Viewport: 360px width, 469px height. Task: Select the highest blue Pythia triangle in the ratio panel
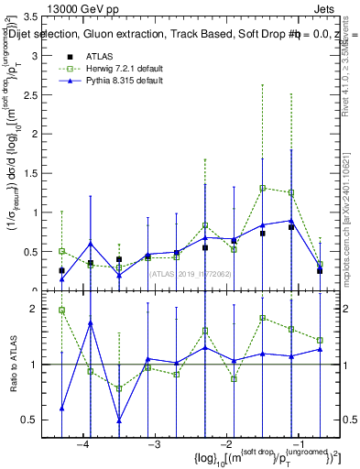click(91, 323)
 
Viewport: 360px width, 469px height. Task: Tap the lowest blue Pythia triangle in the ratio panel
click(119, 420)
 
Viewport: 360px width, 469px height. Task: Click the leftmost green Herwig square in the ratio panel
click(61, 311)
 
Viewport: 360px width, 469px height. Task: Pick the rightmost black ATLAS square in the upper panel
click(320, 270)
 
